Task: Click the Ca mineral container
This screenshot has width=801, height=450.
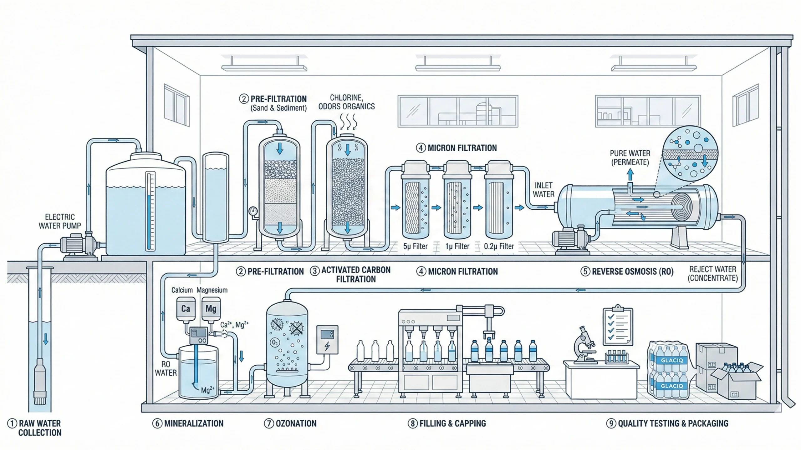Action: click(x=186, y=309)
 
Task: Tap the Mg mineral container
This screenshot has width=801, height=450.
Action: click(x=211, y=309)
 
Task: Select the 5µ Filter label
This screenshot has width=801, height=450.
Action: click(x=415, y=246)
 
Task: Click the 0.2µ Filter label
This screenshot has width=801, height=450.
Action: click(x=499, y=246)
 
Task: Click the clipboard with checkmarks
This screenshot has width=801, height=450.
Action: click(x=618, y=326)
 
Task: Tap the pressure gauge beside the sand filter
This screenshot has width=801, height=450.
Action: click(x=253, y=211)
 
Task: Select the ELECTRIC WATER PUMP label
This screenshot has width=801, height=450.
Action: click(x=59, y=221)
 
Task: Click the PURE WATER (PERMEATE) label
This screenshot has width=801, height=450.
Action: click(x=630, y=157)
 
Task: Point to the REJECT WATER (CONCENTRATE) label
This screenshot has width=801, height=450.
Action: click(x=712, y=273)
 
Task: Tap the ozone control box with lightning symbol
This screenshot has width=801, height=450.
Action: click(x=327, y=340)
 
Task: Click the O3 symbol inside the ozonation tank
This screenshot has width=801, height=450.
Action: click(x=274, y=342)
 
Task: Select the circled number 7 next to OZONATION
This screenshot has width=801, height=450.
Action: click(x=269, y=423)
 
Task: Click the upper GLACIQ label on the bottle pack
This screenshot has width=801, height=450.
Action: click(x=671, y=360)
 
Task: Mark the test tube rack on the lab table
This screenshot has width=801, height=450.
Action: click(x=616, y=357)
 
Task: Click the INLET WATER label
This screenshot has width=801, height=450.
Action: click(x=543, y=190)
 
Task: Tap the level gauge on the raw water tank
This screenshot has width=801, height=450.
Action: click(x=151, y=211)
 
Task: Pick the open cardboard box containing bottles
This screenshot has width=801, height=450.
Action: click(x=736, y=383)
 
